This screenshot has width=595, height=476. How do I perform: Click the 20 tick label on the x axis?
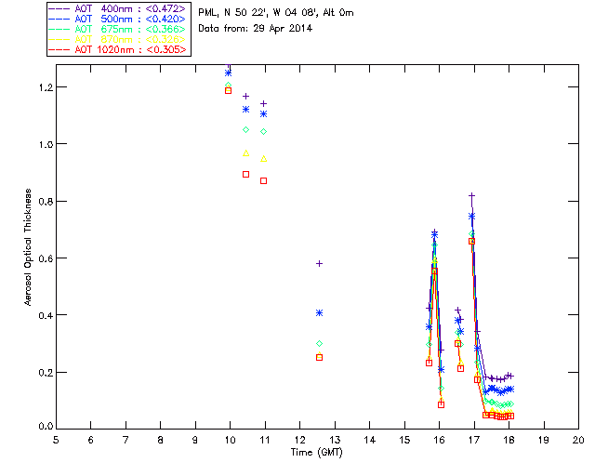click(x=578, y=439)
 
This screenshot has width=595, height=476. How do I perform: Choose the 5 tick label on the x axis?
click(x=56, y=439)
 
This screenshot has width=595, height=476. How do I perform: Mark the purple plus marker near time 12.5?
click(x=319, y=264)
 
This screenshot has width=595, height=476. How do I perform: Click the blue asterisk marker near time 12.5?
click(x=319, y=313)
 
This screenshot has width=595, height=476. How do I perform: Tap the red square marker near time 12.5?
click(x=319, y=357)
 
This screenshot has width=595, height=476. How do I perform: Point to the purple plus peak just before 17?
click(x=472, y=196)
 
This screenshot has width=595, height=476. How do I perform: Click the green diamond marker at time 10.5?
click(x=245, y=129)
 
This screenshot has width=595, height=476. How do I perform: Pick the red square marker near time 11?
click(x=263, y=180)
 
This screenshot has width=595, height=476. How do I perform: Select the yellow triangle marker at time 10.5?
click(x=245, y=153)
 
